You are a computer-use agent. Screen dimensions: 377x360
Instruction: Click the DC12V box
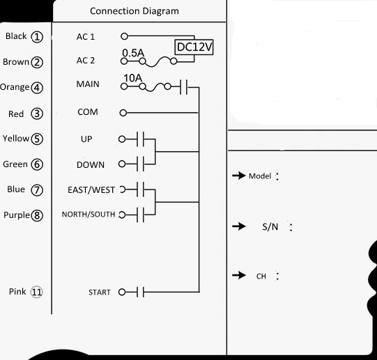click(194, 47)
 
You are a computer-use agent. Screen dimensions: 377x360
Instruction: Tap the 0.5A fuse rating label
click(133, 53)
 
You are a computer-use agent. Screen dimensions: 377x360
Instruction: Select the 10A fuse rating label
click(133, 78)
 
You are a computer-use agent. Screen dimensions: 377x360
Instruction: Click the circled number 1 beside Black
click(37, 37)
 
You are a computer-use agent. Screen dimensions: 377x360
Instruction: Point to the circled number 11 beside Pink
click(36, 292)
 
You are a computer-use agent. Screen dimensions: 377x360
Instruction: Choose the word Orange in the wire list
click(15, 87)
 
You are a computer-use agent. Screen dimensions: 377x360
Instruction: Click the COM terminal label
click(88, 112)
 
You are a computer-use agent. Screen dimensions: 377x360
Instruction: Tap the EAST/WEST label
click(91, 190)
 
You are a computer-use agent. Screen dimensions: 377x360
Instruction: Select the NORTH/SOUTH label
click(89, 214)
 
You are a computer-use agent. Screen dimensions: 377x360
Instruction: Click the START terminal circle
click(122, 292)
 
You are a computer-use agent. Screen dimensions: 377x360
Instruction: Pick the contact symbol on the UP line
click(140, 139)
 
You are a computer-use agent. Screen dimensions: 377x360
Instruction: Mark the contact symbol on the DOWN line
click(140, 164)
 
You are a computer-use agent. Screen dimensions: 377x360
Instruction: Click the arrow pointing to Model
click(239, 175)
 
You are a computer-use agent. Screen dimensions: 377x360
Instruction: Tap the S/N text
click(270, 226)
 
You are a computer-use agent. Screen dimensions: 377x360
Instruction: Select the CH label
click(261, 276)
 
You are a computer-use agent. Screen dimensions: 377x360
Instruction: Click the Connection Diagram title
click(134, 11)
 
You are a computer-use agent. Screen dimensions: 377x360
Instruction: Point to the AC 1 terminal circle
click(124, 36)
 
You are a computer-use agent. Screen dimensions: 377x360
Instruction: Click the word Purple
click(17, 215)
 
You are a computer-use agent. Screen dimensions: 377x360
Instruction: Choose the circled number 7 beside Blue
click(37, 190)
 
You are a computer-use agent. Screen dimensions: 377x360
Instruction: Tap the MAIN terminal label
click(88, 84)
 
